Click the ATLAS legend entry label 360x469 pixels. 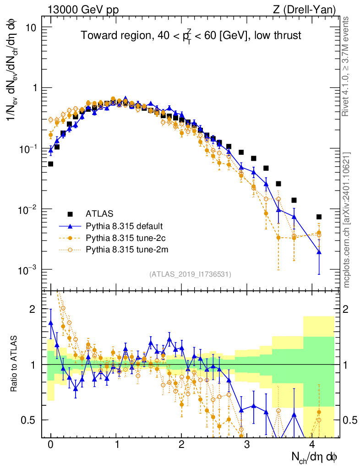(x=99, y=213)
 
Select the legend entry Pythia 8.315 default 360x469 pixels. (x=124, y=226)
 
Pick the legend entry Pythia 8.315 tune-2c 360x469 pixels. (x=124, y=238)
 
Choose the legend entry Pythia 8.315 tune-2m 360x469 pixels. (x=125, y=250)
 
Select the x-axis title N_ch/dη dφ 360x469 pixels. (x=314, y=457)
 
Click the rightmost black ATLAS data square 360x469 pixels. (x=319, y=217)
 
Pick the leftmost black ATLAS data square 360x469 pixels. (x=50, y=164)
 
